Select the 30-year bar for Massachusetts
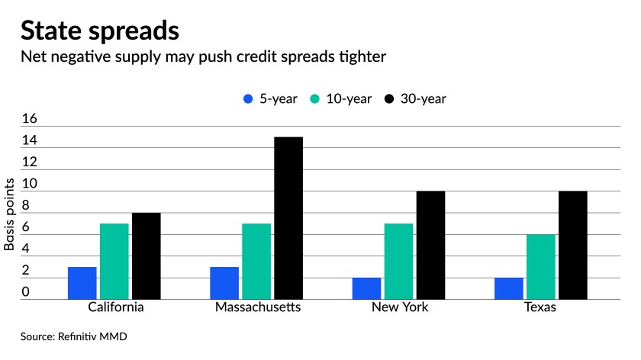click(x=288, y=218)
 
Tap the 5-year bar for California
click(x=82, y=283)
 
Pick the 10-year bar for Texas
click(x=541, y=267)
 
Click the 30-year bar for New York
click(x=430, y=245)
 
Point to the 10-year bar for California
click(x=114, y=262)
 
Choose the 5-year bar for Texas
click(x=509, y=288)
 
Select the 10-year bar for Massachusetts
click(x=256, y=262)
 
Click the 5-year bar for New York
click(x=367, y=288)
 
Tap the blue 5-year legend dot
click(x=246, y=99)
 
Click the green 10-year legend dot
click(x=314, y=99)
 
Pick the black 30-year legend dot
click(x=389, y=99)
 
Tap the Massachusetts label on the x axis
click(x=256, y=308)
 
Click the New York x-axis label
click(x=399, y=308)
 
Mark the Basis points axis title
click(x=10, y=214)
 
